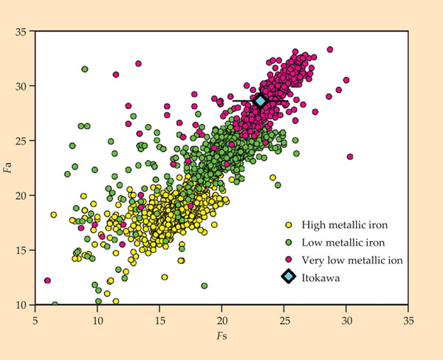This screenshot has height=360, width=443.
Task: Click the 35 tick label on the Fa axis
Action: pyautogui.click(x=21, y=32)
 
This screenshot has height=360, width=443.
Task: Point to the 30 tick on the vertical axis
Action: pyautogui.click(x=21, y=86)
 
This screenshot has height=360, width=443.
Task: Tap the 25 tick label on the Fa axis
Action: pyautogui.click(x=21, y=141)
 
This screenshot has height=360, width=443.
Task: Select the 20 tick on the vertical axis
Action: pyautogui.click(x=21, y=195)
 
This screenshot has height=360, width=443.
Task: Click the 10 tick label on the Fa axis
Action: pyautogui.click(x=21, y=305)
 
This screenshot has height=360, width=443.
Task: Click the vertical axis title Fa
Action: pyautogui.click(x=9, y=168)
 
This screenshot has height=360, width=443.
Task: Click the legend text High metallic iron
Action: pyautogui.click(x=339, y=225)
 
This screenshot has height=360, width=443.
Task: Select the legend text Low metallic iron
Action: pyautogui.click(x=337, y=242)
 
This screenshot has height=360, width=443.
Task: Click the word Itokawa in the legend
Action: pyautogui.click(x=320, y=277)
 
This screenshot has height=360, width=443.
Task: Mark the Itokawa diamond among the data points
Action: pyautogui.click(x=260, y=101)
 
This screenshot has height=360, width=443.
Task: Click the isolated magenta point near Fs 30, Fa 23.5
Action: pyautogui.click(x=350, y=156)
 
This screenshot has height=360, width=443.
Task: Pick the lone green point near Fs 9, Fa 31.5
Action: pyautogui.click(x=85, y=69)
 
